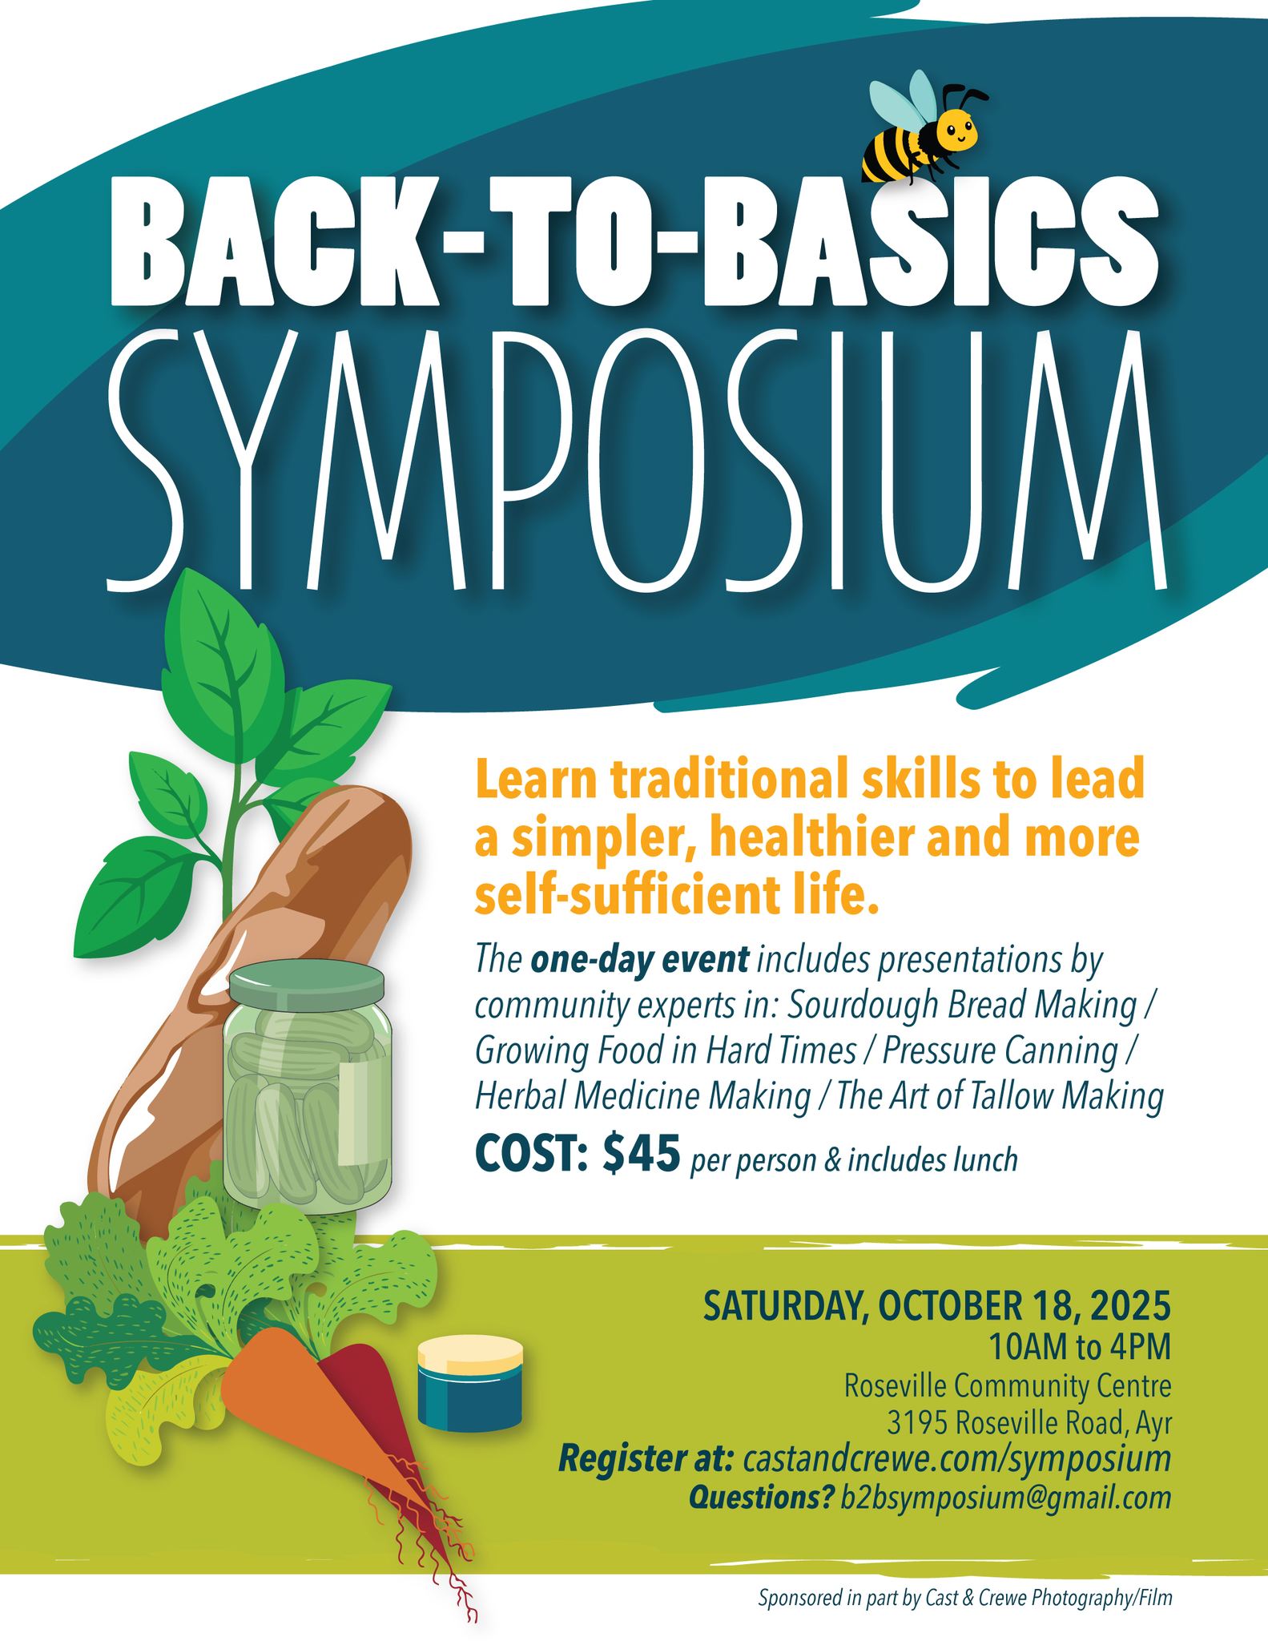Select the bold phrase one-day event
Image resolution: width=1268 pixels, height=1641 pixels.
click(x=639, y=960)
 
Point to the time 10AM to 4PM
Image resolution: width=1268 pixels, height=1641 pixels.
click(x=1079, y=1348)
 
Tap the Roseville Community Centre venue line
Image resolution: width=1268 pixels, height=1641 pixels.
click(x=1008, y=1385)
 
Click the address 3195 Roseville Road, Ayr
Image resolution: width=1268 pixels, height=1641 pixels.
click(x=1028, y=1423)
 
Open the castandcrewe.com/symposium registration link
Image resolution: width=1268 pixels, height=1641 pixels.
click(x=957, y=1459)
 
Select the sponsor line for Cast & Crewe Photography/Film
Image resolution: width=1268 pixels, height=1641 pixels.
click(x=965, y=1597)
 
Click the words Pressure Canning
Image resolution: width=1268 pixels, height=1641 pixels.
click(x=999, y=1051)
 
